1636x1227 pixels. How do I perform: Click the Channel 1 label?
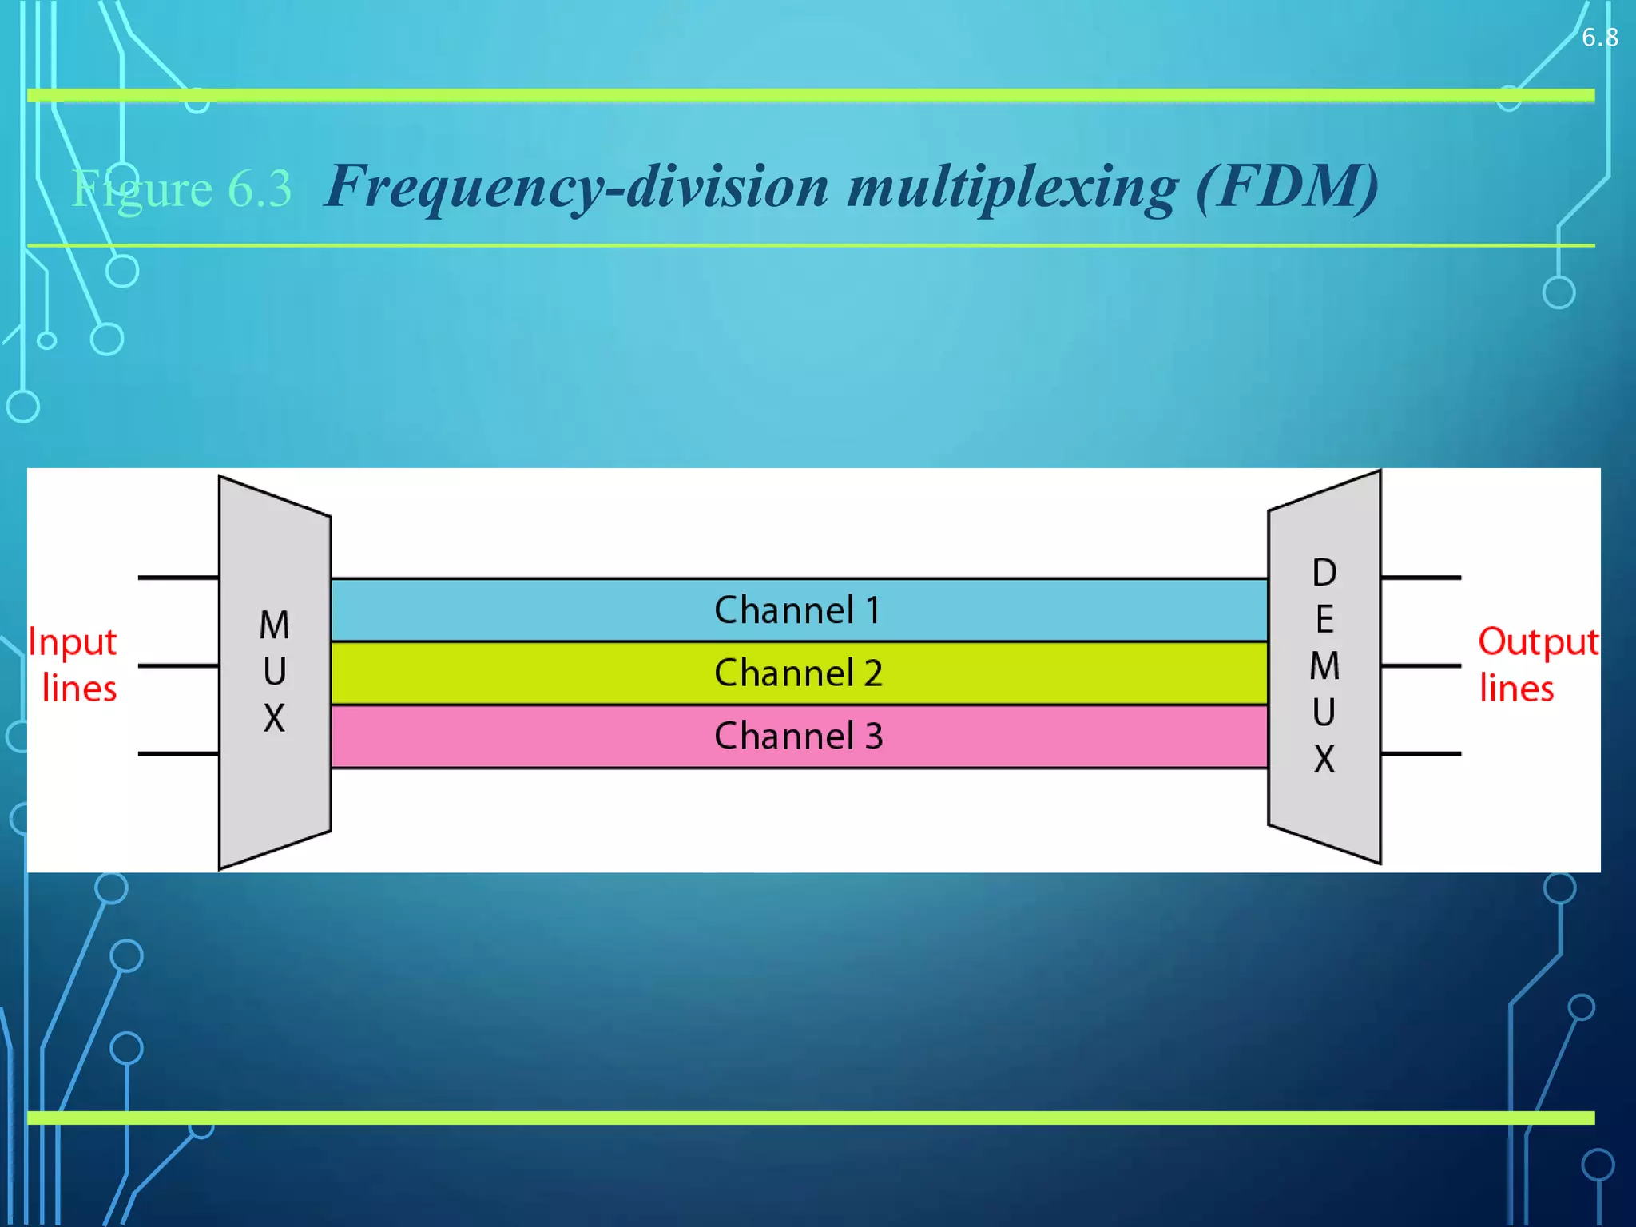pyautogui.click(x=797, y=610)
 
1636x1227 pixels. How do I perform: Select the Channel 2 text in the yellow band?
pyautogui.click(x=797, y=673)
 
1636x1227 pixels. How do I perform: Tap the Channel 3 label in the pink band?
pyautogui.click(x=797, y=736)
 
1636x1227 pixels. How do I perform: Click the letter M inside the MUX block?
pyautogui.click(x=274, y=625)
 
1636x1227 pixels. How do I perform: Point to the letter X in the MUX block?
pyautogui.click(x=274, y=718)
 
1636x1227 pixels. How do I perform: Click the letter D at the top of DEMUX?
pyautogui.click(x=1324, y=572)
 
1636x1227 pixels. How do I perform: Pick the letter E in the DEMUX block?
pyautogui.click(x=1324, y=619)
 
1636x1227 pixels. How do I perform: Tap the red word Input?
pyautogui.click(x=73, y=643)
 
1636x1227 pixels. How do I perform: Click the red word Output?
pyautogui.click(x=1538, y=643)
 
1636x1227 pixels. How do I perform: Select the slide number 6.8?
pyautogui.click(x=1599, y=38)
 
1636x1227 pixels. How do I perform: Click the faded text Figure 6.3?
pyautogui.click(x=182, y=189)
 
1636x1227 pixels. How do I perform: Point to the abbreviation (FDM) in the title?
pyautogui.click(x=1287, y=186)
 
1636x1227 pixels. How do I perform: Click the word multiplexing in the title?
pyautogui.click(x=1012, y=188)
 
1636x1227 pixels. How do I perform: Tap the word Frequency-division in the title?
pyautogui.click(x=577, y=188)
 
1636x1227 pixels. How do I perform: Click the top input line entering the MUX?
pyautogui.click(x=178, y=577)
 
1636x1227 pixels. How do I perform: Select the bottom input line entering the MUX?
pyautogui.click(x=178, y=753)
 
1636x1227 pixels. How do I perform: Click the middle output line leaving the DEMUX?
pyautogui.click(x=1420, y=665)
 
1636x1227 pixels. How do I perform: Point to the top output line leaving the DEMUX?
pyautogui.click(x=1420, y=577)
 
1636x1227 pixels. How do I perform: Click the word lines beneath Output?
pyautogui.click(x=1516, y=689)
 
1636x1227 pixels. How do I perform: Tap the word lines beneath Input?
pyautogui.click(x=79, y=689)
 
